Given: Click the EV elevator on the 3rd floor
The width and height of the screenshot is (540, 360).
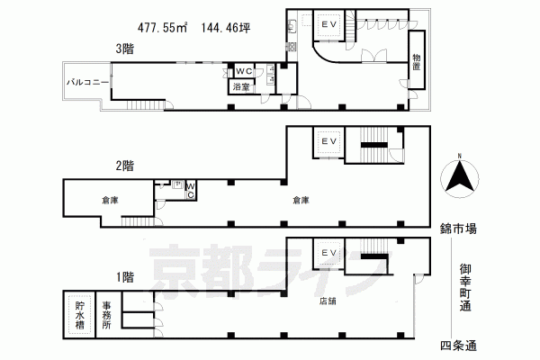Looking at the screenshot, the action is (x=328, y=25).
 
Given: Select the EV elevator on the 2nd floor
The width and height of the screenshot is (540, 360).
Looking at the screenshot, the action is (x=328, y=142).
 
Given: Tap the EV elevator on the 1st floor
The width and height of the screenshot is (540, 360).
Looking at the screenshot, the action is (x=328, y=254).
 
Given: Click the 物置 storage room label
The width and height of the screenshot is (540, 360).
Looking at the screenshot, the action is (x=417, y=62).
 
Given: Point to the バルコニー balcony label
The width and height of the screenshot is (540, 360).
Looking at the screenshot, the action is (x=88, y=82).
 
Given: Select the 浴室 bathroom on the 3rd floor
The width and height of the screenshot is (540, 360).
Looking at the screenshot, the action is (x=241, y=86).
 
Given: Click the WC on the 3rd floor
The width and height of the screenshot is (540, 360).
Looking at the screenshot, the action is (x=244, y=71).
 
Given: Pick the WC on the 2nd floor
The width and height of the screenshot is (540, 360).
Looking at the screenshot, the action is (x=191, y=190).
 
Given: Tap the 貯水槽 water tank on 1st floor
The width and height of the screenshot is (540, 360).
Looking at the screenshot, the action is (x=79, y=315).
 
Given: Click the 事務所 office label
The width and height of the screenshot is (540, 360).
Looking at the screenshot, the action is (x=107, y=315).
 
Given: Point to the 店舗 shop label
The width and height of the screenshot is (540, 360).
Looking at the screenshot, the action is (x=328, y=301).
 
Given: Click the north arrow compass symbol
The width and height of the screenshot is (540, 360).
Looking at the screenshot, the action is (x=459, y=176).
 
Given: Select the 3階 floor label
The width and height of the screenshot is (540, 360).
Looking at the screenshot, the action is (x=125, y=49).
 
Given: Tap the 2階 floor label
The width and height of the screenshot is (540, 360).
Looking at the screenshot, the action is (x=125, y=166).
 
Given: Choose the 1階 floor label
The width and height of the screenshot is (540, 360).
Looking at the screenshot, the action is (x=125, y=277).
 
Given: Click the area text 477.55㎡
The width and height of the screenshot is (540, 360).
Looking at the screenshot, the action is (x=163, y=27).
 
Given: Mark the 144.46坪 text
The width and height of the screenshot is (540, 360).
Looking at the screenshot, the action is (x=226, y=27).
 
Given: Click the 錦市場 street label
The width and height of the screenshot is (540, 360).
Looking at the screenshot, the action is (x=458, y=229).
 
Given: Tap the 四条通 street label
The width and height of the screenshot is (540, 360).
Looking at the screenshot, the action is (x=458, y=346).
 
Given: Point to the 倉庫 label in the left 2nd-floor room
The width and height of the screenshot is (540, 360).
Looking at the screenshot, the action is (x=110, y=200).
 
